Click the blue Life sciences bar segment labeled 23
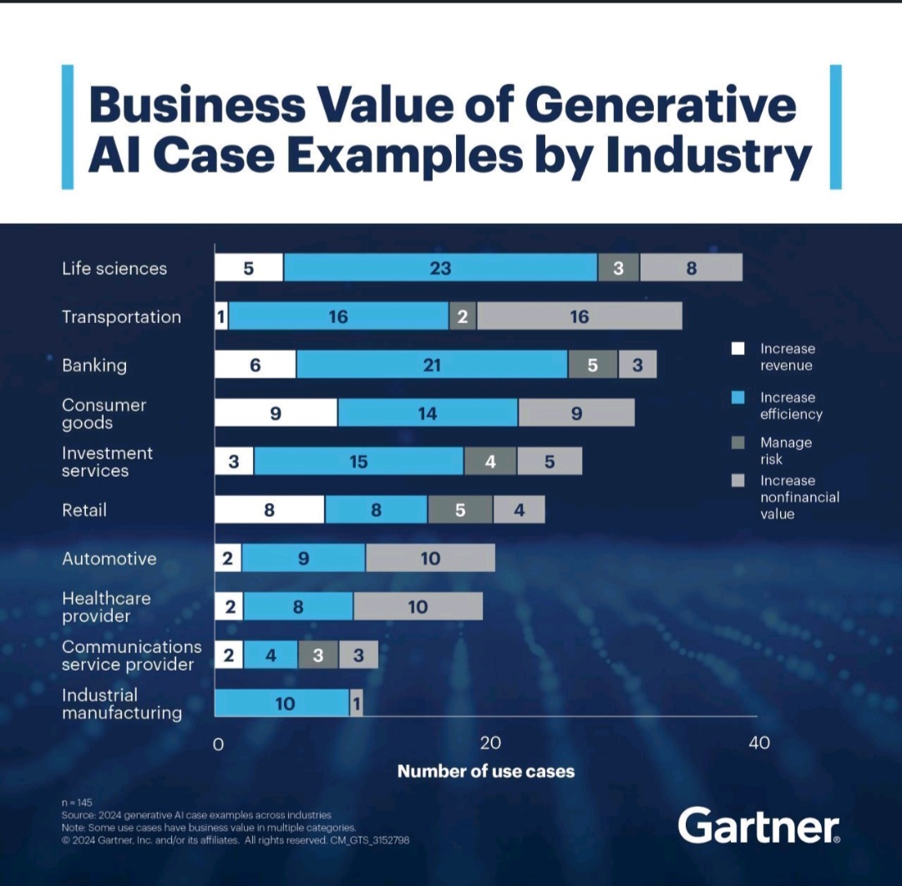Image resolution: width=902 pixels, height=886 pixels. click(x=440, y=268)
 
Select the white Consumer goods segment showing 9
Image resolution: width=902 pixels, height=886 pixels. click(x=276, y=413)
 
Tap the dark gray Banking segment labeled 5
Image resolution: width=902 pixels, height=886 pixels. click(x=593, y=365)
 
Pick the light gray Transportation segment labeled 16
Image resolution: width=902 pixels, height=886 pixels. click(x=579, y=316)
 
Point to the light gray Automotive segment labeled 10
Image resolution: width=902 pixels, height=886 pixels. click(x=430, y=559)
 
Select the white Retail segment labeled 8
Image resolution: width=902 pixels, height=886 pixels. click(x=270, y=510)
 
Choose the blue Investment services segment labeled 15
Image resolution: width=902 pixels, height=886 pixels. click(x=359, y=462)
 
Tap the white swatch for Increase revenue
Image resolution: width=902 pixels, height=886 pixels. click(x=738, y=349)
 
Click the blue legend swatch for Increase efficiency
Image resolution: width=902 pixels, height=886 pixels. click(x=738, y=397)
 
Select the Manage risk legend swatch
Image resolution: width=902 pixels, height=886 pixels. click(x=738, y=443)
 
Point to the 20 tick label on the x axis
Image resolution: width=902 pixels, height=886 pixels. click(x=489, y=743)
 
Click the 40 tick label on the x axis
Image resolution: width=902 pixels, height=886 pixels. click(x=759, y=743)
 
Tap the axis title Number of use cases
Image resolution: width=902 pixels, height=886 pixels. click(x=486, y=772)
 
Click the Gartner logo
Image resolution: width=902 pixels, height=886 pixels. click(x=758, y=826)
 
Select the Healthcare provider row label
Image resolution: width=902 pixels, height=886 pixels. click(x=107, y=607)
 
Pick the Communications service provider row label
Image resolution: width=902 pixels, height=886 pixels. click(x=132, y=656)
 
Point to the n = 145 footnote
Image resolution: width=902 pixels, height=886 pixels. click(x=77, y=802)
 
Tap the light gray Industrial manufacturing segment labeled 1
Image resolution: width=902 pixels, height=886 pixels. click(x=357, y=704)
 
